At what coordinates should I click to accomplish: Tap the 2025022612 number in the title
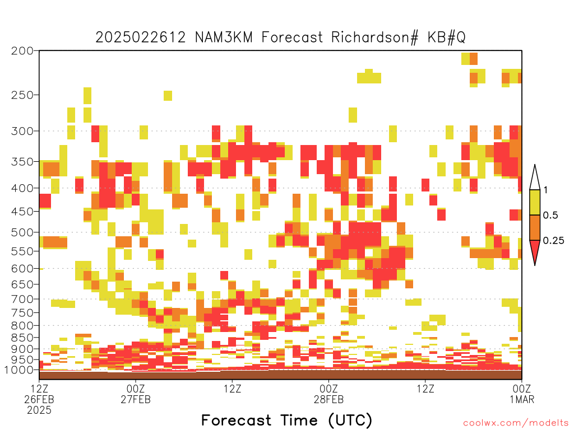tap(141, 38)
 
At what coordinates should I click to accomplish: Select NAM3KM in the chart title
tap(224, 38)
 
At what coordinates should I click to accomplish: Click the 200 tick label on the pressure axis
tap(22, 51)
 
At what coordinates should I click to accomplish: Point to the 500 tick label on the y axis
tap(22, 232)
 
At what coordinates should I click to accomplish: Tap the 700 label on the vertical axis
tap(22, 299)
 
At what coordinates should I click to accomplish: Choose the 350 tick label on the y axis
tap(22, 162)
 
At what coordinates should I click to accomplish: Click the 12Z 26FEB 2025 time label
tap(39, 399)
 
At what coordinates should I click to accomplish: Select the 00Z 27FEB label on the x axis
tap(136, 394)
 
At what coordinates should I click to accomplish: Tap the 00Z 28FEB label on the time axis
tap(328, 394)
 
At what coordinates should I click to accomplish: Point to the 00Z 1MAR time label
tap(522, 394)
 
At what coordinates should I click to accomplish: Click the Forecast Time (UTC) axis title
tap(286, 420)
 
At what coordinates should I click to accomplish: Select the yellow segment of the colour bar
tap(535, 202)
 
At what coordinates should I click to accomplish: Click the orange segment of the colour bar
tap(535, 227)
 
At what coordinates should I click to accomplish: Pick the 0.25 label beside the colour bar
tap(553, 241)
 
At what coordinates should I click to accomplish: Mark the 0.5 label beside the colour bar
tap(550, 216)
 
